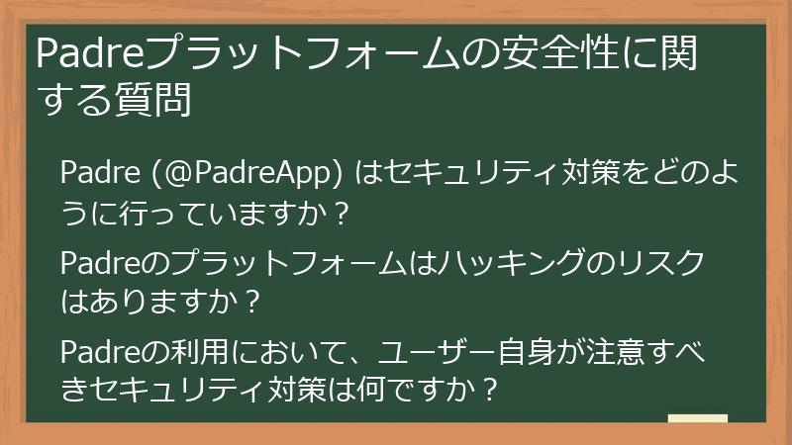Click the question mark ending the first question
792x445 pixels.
click(x=342, y=211)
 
